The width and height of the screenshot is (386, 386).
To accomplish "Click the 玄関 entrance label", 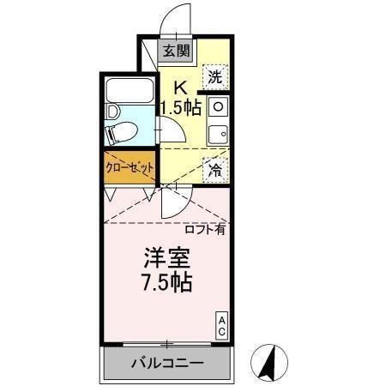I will pyautogui.click(x=178, y=51).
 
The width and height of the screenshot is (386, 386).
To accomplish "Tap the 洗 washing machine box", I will pyautogui.click(x=217, y=76).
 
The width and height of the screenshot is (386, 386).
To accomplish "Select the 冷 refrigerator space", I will pyautogui.click(x=217, y=168).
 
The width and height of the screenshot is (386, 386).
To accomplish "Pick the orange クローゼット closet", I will pyautogui.click(x=129, y=166).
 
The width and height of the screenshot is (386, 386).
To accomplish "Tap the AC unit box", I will pyautogui.click(x=221, y=324).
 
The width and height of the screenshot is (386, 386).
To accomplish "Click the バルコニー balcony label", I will pyautogui.click(x=167, y=364).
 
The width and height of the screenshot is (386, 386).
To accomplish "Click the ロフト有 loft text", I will pyautogui.click(x=204, y=229).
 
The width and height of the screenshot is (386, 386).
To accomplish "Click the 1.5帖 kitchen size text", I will pyautogui.click(x=181, y=108).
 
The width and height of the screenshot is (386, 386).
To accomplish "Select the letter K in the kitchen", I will pyautogui.click(x=181, y=87).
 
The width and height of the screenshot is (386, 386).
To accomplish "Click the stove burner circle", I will pyautogui.click(x=217, y=107).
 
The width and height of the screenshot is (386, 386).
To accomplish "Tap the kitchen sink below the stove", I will pyautogui.click(x=217, y=132).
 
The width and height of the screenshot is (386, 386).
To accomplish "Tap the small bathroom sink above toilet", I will pyautogui.click(x=112, y=112).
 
